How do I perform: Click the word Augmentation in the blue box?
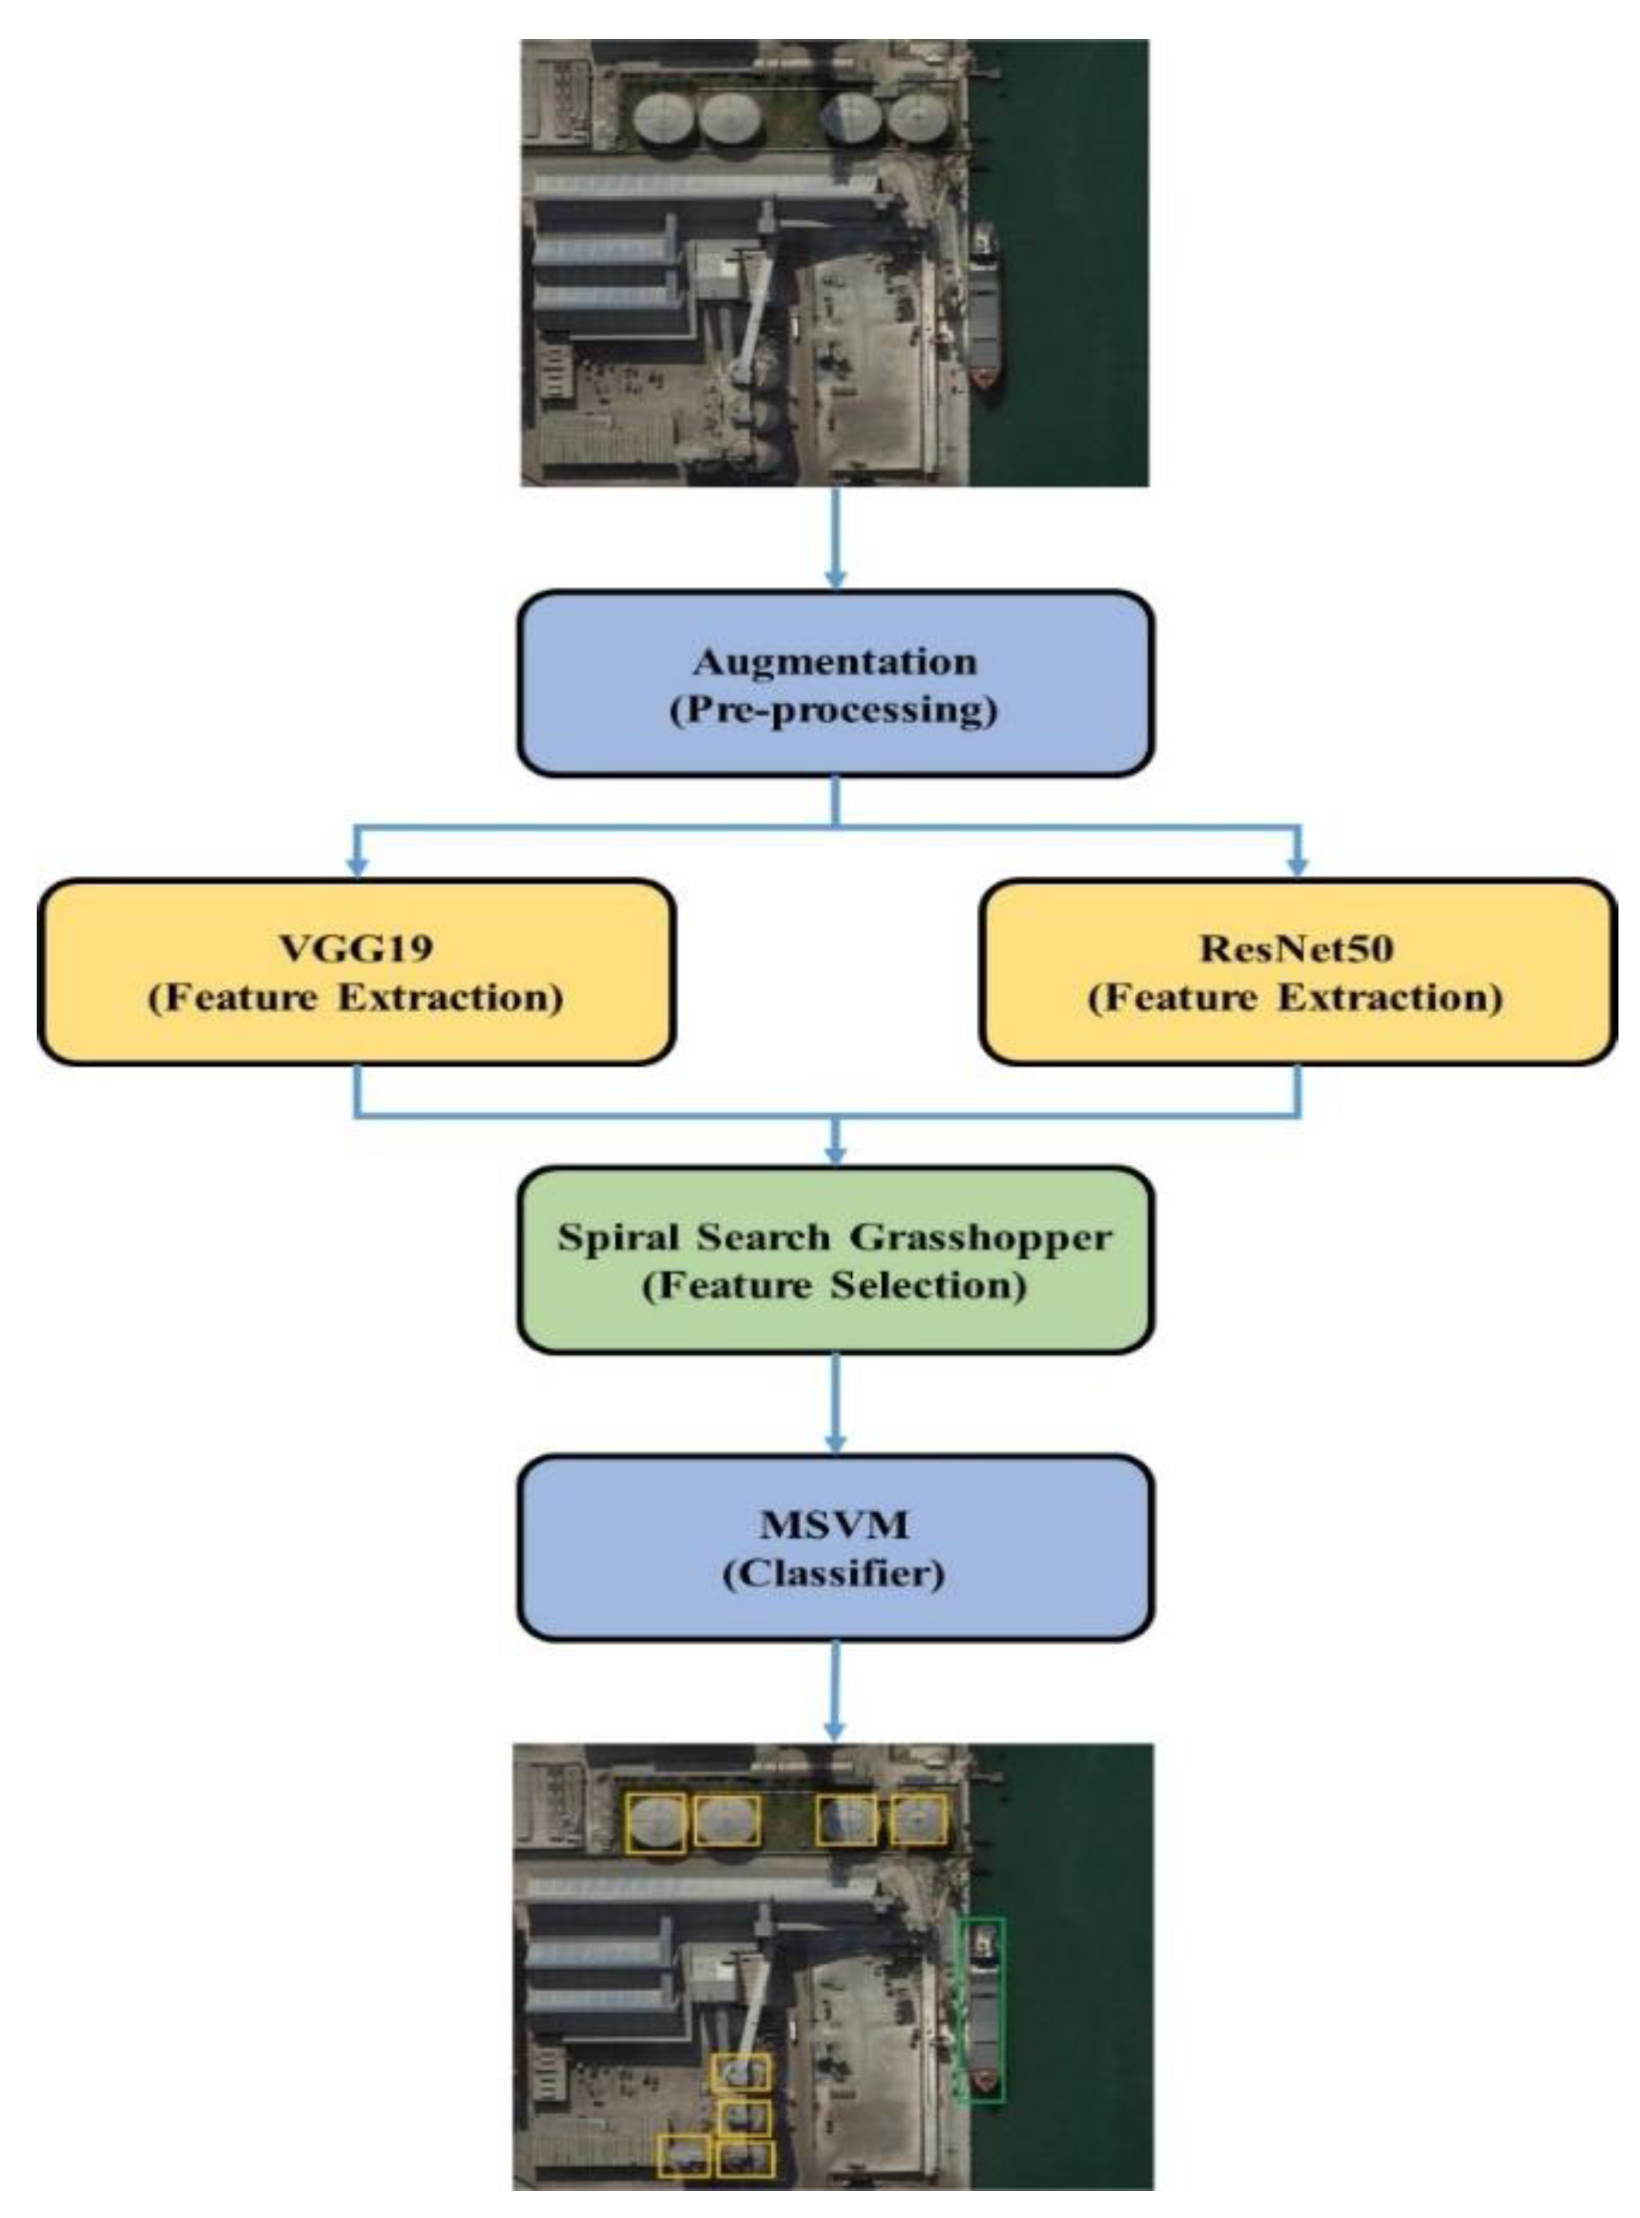coord(835,662)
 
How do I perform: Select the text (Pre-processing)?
coord(835,711)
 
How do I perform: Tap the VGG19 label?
coord(356,948)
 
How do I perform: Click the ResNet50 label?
coord(1296,948)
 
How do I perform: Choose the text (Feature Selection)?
coord(835,1286)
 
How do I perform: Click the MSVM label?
coord(835,1524)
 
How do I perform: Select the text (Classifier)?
coord(835,1573)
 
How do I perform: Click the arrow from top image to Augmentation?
coord(836,536)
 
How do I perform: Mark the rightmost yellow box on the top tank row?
coord(918,1820)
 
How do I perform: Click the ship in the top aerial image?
coord(985,318)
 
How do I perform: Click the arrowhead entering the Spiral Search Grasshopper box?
coord(836,1154)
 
